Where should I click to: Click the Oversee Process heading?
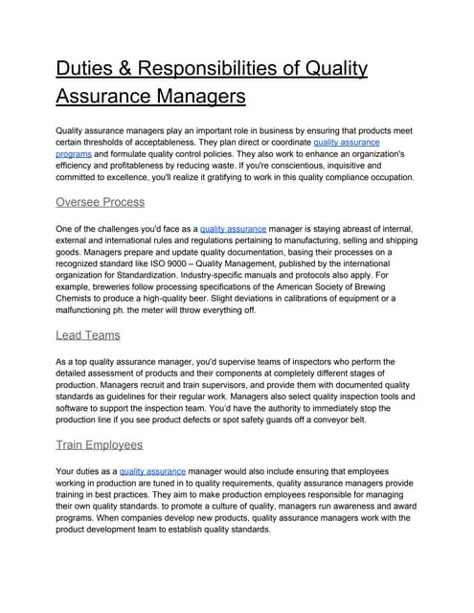101,202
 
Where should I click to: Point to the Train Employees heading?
100,444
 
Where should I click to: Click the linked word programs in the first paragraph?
74,153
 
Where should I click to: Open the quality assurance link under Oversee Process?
234,228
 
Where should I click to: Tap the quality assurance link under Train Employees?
152,471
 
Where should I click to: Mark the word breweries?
114,285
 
